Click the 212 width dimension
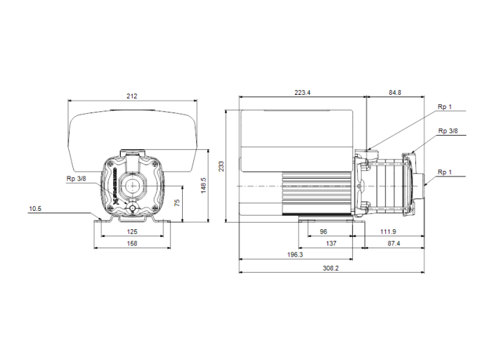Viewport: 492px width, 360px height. pos(131,96)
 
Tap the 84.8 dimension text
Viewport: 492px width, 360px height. pos(394,91)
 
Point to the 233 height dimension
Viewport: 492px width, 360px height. pos(221,167)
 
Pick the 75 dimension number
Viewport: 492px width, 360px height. pos(178,202)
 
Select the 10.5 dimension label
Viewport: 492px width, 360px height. pos(36,209)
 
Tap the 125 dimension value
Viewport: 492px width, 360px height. pos(131,231)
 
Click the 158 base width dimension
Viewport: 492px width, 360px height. pos(131,243)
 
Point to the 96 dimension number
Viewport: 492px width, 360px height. pos(323,231)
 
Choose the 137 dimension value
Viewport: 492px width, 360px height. pos(330,243)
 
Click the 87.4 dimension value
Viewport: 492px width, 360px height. pos(394,243)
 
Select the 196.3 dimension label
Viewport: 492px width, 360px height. pos(294,255)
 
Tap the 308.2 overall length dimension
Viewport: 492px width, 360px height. pos(330,268)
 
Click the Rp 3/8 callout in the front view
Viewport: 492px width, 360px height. pos(76,179)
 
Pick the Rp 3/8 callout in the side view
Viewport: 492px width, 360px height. pos(447,131)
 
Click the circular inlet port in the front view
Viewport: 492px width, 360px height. pos(131,186)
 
